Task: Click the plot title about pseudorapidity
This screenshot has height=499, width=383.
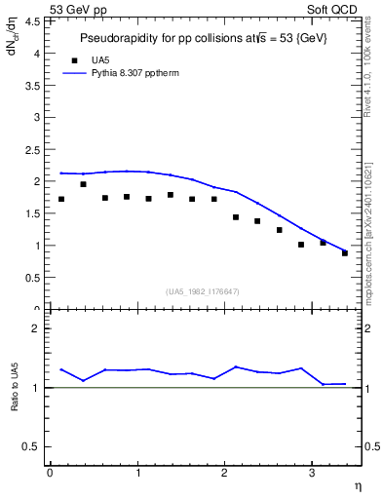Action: click(203, 37)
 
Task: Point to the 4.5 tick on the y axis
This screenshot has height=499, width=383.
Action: click(35, 22)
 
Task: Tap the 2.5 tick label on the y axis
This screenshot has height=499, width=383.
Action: click(35, 150)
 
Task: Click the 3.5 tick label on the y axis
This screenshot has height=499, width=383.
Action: click(35, 86)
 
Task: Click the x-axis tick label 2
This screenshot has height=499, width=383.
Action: click(224, 474)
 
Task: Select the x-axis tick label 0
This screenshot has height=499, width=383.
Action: click(50, 474)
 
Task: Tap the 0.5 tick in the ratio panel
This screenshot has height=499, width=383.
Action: click(35, 446)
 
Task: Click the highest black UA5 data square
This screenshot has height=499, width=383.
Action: click(83, 184)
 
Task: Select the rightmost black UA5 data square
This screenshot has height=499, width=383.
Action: click(345, 253)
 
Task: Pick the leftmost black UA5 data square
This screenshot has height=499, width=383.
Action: click(61, 199)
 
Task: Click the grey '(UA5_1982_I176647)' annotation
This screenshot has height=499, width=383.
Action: click(203, 291)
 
